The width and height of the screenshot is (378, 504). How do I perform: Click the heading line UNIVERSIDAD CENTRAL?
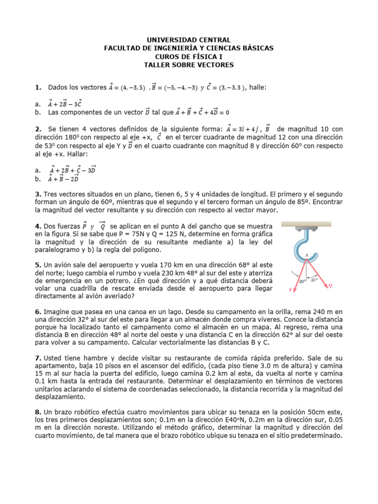pyautogui.click(x=189, y=40)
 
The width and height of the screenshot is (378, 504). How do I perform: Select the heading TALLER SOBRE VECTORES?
pyautogui.click(x=189, y=65)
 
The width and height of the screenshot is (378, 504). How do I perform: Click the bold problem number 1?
pyautogui.click(x=37, y=88)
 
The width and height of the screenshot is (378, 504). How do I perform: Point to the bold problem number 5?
pyautogui.click(x=37, y=264)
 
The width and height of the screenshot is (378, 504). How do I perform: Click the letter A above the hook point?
pyautogui.click(x=306, y=255)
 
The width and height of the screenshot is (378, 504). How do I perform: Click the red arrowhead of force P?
pyautogui.click(x=295, y=290)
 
